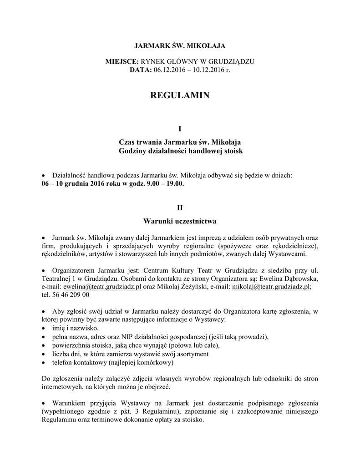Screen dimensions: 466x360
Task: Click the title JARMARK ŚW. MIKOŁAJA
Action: (179, 46)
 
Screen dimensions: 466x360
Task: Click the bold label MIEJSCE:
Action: (123, 61)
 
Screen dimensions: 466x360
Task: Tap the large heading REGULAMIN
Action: (179, 96)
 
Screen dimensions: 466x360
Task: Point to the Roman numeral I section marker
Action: (179, 129)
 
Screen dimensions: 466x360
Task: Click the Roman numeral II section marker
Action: (179, 208)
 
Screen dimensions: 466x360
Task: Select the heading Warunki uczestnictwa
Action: (179, 221)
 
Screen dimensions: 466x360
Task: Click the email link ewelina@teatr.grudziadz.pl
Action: (103, 287)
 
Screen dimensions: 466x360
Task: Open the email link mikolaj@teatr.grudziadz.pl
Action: (271, 287)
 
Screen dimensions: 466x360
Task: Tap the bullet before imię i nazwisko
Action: (43, 329)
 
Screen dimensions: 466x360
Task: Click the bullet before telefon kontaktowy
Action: (43, 363)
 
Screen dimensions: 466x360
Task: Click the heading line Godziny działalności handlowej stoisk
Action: (179, 150)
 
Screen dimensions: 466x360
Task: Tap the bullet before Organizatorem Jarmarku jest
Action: (43, 270)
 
